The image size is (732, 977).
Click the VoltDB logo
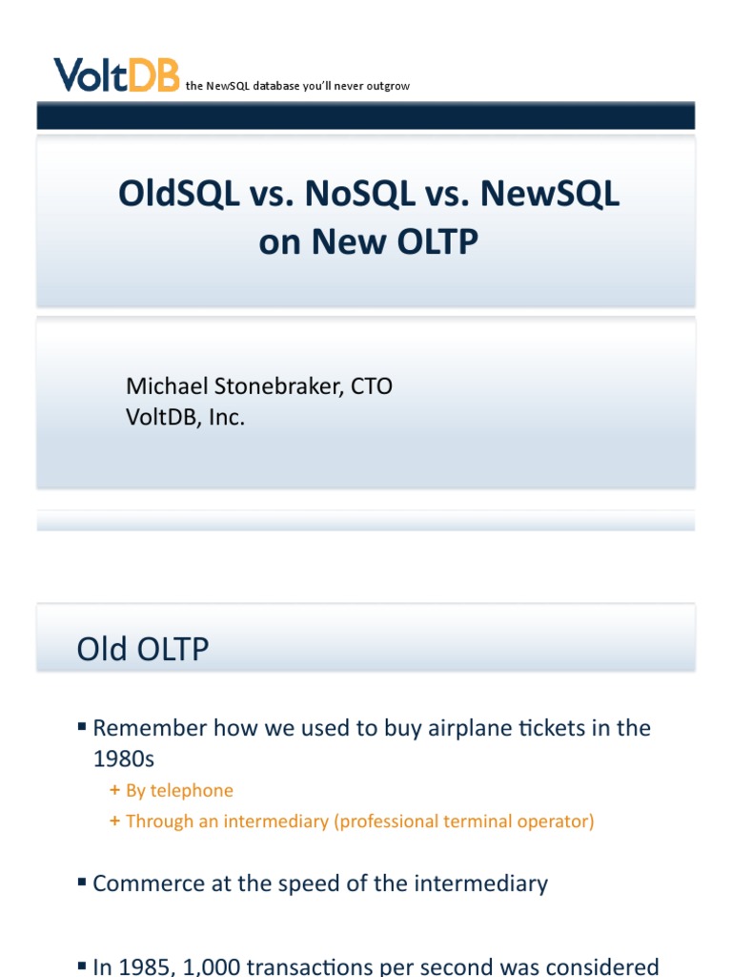[x=116, y=74]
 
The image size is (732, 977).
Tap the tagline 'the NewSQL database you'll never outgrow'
[x=297, y=86]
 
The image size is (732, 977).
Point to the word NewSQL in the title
[x=550, y=194]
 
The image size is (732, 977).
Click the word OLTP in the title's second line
[x=429, y=242]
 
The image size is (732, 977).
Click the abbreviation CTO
[x=372, y=386]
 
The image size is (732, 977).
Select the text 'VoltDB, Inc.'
[x=185, y=417]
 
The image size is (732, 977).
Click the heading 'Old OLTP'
[x=143, y=650]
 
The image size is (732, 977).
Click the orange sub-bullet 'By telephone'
[x=179, y=790]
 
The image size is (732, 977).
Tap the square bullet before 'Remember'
[x=82, y=728]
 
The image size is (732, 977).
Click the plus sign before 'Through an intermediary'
[x=115, y=821]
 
